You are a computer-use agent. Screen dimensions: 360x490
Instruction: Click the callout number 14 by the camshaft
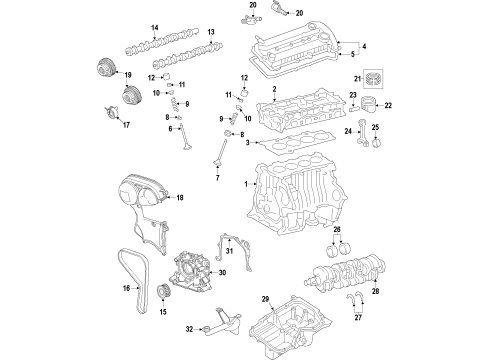pyautogui.click(x=127, y=26)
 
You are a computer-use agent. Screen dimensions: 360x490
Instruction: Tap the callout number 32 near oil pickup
pyautogui.click(x=190, y=328)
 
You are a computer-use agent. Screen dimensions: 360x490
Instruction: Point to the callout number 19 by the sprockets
pyautogui.click(x=128, y=75)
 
